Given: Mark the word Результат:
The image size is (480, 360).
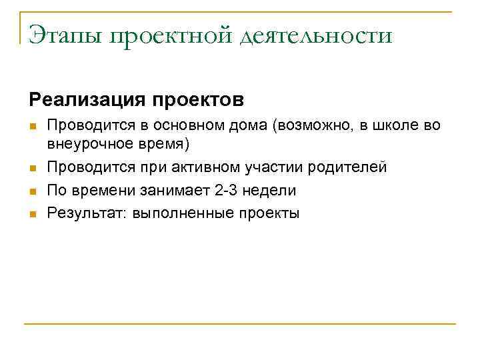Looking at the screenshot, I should click(x=87, y=213).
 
